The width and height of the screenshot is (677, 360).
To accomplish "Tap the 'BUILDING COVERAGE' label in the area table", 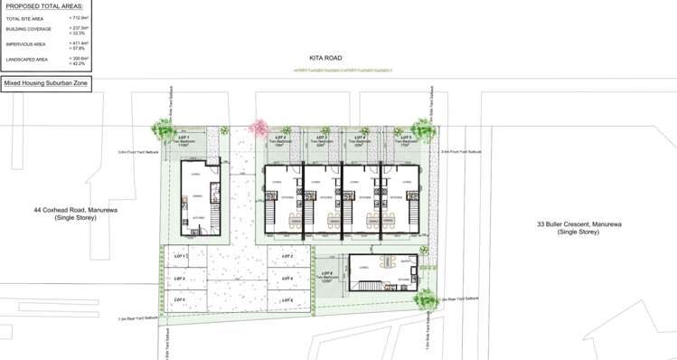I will pos(24,28).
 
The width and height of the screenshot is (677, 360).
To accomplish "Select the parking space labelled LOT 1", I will pos(184,259).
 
